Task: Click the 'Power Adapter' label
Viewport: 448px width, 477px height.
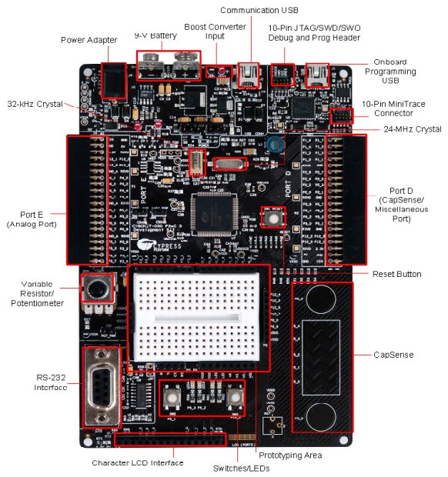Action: (x=89, y=40)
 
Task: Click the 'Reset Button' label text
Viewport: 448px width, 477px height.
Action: (x=396, y=275)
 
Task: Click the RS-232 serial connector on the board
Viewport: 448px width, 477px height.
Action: (x=100, y=386)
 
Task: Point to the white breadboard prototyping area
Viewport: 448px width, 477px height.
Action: (x=199, y=314)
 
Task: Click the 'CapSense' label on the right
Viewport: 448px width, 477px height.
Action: (x=394, y=355)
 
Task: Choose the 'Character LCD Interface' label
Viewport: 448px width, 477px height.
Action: (x=137, y=462)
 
